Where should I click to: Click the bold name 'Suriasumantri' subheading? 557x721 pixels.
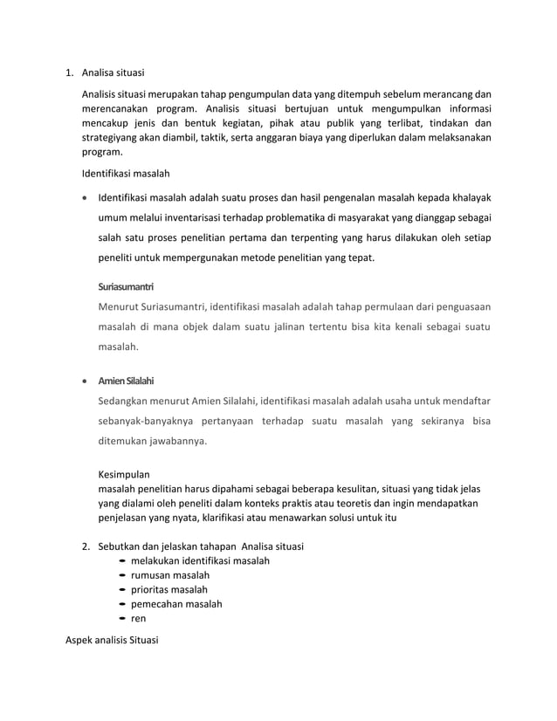pos(126,285)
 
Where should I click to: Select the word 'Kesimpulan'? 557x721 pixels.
pos(124,475)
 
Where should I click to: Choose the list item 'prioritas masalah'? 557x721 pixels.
pos(168,589)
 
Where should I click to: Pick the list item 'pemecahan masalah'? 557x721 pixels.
pos(175,604)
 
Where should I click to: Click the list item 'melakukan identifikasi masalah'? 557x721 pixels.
pos(200,560)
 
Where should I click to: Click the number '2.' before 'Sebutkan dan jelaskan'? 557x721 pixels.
pos(86,546)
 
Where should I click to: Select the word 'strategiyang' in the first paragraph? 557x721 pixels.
pos(112,137)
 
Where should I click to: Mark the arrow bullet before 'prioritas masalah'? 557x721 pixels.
pos(121,590)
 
